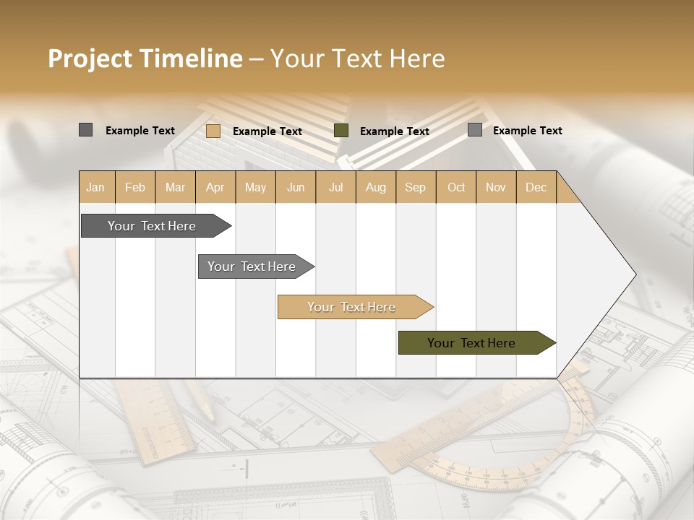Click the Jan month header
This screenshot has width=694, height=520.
95,187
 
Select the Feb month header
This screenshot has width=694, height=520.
135,187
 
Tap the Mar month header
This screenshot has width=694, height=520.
175,187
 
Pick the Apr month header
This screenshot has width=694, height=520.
215,187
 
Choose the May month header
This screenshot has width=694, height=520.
255,187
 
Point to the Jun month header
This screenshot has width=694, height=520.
296,187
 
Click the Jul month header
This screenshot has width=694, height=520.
336,187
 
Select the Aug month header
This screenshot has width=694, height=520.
376,187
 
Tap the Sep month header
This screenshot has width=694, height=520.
416,187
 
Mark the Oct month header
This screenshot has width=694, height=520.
456,187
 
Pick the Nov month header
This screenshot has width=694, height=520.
496,187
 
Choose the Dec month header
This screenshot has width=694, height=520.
536,187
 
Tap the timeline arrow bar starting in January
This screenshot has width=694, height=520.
153,226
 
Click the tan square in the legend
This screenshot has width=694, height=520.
213,131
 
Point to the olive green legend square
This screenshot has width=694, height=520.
341,131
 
